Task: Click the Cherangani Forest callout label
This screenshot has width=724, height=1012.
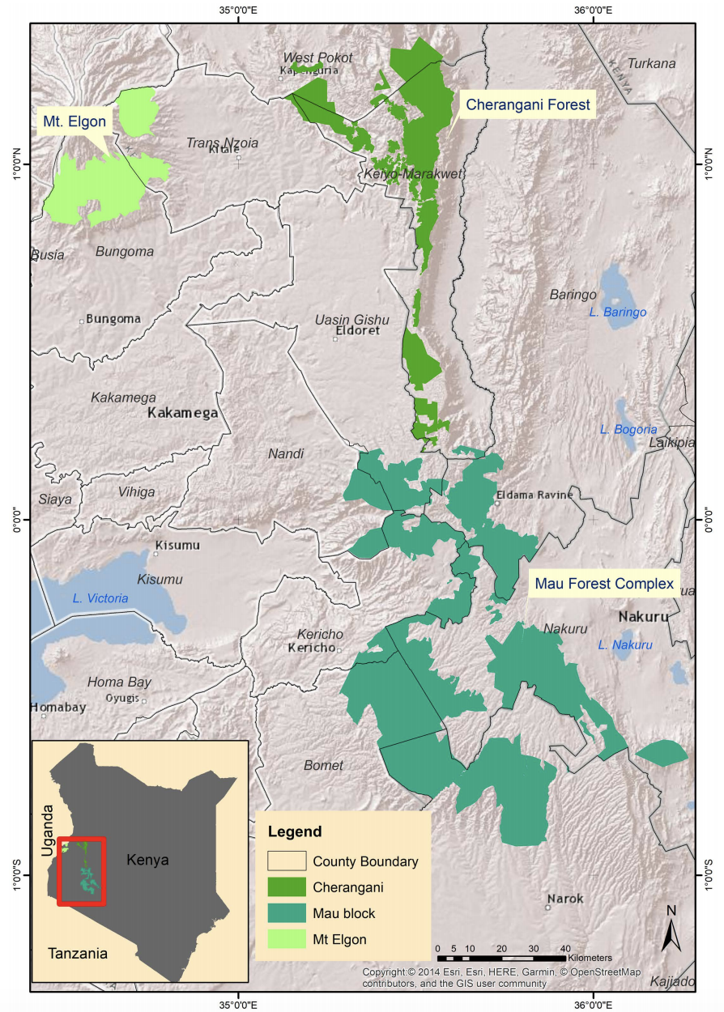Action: (528, 104)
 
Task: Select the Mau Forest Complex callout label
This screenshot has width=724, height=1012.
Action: (603, 584)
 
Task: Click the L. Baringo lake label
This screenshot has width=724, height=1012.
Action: (618, 313)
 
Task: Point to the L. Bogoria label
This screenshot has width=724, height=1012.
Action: (628, 429)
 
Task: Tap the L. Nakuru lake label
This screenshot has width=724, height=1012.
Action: (624, 644)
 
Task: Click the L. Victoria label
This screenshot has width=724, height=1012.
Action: (100, 598)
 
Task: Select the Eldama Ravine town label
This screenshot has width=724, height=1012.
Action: (534, 495)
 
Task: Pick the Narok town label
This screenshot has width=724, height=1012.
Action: (564, 899)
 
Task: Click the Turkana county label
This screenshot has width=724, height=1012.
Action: (651, 63)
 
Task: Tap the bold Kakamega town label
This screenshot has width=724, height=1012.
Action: (183, 413)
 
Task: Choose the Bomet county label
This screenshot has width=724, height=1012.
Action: (323, 765)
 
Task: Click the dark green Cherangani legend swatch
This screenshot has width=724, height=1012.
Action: (287, 887)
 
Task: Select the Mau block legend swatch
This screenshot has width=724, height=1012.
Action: (287, 913)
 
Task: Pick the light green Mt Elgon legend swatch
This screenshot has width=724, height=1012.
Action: (287, 940)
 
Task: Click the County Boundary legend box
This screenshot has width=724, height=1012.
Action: (287, 861)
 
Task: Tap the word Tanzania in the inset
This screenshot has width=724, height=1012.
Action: (77, 953)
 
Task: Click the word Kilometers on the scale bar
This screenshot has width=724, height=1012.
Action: (590, 958)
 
